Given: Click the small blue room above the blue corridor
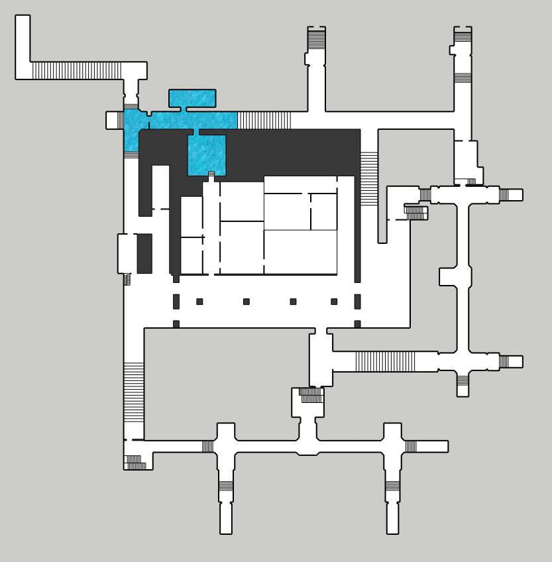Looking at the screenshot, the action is point(192,98).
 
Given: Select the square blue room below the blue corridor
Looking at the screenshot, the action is point(207,154).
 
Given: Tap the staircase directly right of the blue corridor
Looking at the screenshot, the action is point(264,120).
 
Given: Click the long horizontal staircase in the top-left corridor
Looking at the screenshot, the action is point(76,70).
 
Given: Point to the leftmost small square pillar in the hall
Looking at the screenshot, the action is point(199,302).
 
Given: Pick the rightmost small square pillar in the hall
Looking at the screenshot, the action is point(334,302).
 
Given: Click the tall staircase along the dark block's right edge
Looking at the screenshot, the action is point(369,179).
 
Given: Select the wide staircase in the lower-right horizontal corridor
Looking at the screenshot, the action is point(385,361).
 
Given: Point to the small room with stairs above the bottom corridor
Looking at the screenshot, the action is point(308,402).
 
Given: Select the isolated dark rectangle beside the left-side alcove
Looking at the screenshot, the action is point(144,253).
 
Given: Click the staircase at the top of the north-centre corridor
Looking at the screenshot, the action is point(316,39).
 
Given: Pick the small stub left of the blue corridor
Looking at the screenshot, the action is point(114,120).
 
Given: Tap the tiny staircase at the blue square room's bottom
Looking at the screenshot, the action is point(211,175).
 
